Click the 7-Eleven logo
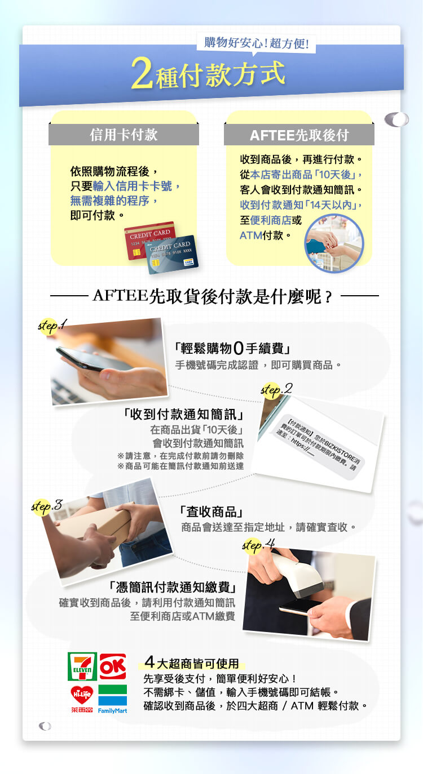tap(82, 666)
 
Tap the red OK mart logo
tap(113, 666)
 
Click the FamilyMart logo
tap(112, 699)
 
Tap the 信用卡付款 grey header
tap(124, 135)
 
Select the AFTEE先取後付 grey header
tap(299, 135)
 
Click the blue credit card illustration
tap(173, 255)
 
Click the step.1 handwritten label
tap(52, 325)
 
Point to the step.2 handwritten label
tap(276, 389)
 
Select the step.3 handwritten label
tap(46, 505)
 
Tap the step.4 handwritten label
tap(258, 545)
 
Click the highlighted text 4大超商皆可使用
tap(192, 663)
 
